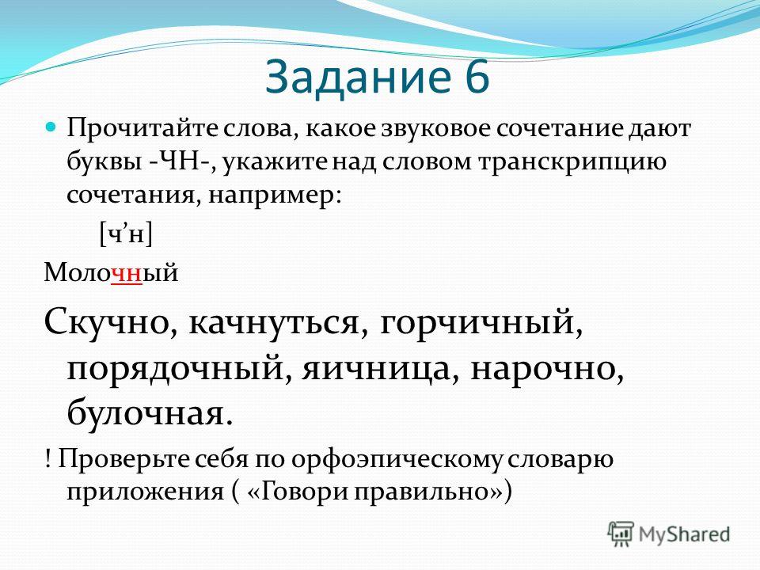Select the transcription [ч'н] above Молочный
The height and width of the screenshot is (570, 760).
(x=126, y=234)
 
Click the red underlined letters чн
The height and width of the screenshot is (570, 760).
(x=127, y=273)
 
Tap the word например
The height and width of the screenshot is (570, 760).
(x=275, y=197)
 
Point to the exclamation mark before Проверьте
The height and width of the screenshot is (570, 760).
(x=47, y=458)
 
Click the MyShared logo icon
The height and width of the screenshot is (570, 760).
(x=621, y=534)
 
